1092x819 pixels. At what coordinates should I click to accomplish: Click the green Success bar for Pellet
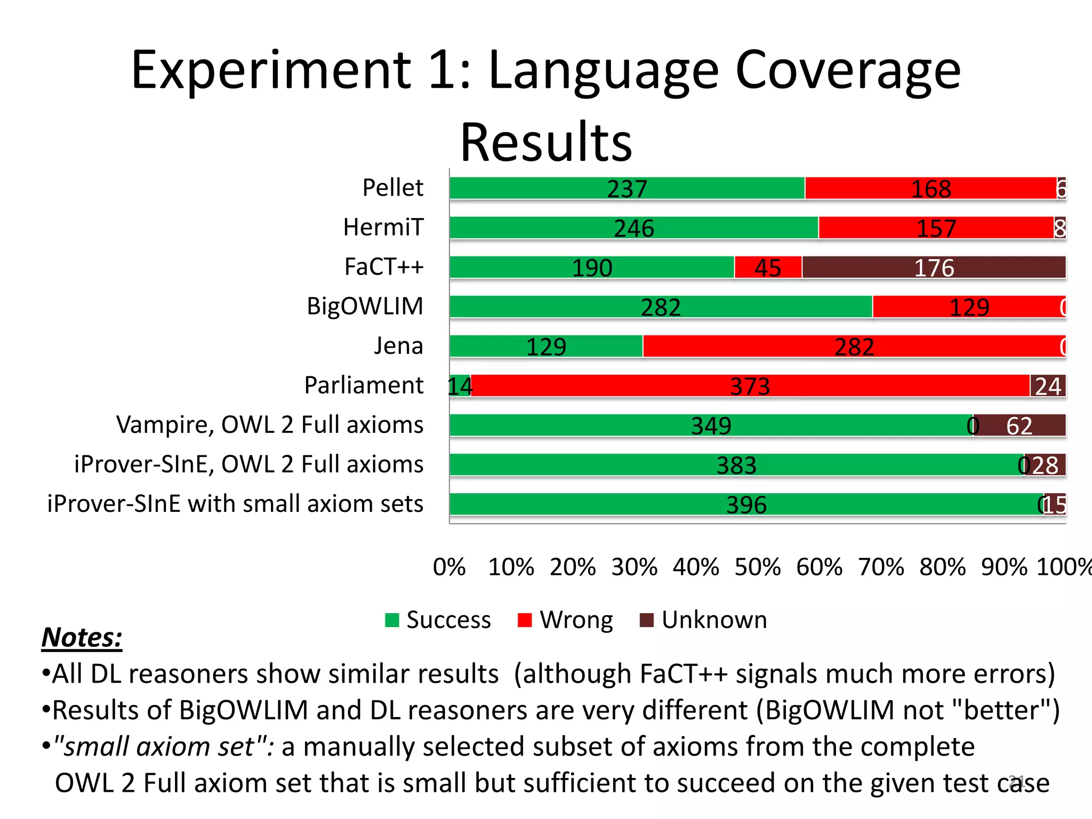[627, 188]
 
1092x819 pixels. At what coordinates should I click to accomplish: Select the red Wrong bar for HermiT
[936, 228]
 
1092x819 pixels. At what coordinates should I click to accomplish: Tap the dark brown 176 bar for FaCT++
[934, 267]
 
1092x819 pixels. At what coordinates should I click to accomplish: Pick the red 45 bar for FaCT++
[768, 267]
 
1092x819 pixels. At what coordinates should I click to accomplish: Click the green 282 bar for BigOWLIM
[661, 307]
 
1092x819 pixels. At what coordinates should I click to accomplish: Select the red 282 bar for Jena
[854, 346]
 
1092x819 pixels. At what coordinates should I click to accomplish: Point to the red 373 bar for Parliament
[750, 386]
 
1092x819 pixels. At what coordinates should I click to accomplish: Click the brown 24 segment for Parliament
[1048, 386]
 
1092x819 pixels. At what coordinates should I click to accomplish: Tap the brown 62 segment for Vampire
[1019, 425]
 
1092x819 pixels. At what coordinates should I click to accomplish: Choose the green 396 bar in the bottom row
[746, 504]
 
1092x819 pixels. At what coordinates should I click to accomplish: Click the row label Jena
[398, 346]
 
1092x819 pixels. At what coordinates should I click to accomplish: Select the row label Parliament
[364, 385]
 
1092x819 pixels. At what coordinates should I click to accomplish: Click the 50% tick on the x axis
[757, 567]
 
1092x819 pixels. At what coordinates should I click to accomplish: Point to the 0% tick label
[449, 567]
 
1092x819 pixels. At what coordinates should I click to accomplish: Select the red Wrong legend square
[525, 620]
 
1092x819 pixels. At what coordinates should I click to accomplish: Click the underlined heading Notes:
[82, 637]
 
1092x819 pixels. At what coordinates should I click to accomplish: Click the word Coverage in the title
[847, 70]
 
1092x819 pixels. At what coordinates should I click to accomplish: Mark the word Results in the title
[546, 142]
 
